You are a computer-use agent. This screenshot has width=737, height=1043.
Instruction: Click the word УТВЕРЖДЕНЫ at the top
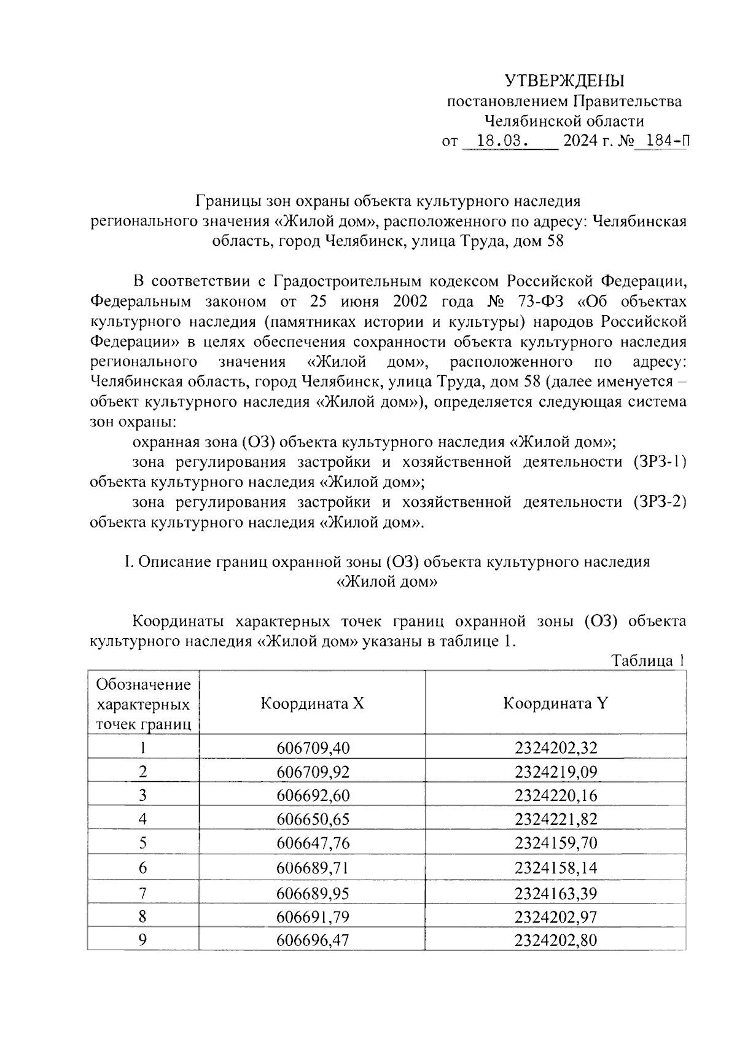click(x=564, y=81)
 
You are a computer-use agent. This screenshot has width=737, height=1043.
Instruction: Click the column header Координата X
click(x=312, y=703)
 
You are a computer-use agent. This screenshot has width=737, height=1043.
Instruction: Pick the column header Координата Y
click(x=555, y=703)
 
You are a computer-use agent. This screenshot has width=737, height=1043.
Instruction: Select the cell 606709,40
click(x=313, y=748)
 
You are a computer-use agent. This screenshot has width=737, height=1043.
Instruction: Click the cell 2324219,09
click(x=556, y=772)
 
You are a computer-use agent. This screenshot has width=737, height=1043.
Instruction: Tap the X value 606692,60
click(x=313, y=795)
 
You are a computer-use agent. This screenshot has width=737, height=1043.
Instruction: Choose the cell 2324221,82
click(x=556, y=819)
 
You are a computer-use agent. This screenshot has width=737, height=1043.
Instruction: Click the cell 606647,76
click(x=313, y=843)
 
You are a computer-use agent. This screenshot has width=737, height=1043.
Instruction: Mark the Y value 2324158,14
click(x=556, y=868)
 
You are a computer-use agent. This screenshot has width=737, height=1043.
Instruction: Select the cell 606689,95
click(x=313, y=893)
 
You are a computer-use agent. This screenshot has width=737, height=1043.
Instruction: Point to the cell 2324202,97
click(x=556, y=916)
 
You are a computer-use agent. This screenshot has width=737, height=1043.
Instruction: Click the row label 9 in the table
click(x=142, y=939)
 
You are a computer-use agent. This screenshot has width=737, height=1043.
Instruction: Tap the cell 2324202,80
click(x=556, y=940)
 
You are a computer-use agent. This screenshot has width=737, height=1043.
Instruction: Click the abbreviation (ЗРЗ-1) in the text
click(x=658, y=462)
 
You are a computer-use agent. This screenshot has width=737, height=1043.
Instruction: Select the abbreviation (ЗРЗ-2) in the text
click(x=658, y=502)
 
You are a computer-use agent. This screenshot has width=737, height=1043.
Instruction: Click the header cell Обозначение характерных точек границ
click(x=144, y=704)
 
